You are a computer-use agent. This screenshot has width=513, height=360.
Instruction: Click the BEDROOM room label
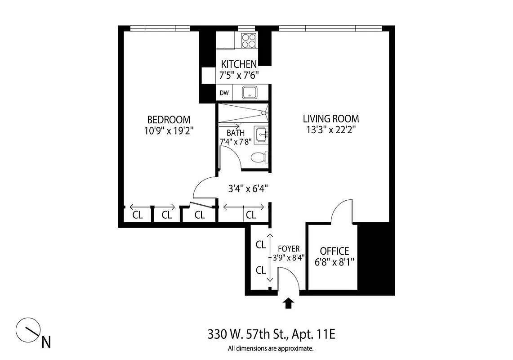coord(169,120)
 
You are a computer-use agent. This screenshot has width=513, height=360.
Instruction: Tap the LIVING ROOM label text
coord(330,119)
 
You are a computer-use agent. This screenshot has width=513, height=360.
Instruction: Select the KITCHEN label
coord(239,64)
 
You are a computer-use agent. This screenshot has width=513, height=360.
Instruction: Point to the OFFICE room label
coord(334,251)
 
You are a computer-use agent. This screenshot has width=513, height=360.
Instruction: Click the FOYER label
coord(289,248)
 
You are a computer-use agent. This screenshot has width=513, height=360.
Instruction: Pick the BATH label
coord(236,133)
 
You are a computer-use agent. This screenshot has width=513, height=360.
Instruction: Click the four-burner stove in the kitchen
coord(249,41)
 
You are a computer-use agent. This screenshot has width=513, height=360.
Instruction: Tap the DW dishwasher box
coord(224,94)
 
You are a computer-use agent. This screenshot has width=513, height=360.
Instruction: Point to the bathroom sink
coord(261,134)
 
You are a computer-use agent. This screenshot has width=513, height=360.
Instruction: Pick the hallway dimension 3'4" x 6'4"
coord(249,188)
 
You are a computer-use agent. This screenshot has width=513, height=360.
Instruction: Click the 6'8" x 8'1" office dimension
coord(334,262)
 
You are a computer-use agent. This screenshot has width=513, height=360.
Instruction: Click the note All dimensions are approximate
coord(270,348)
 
